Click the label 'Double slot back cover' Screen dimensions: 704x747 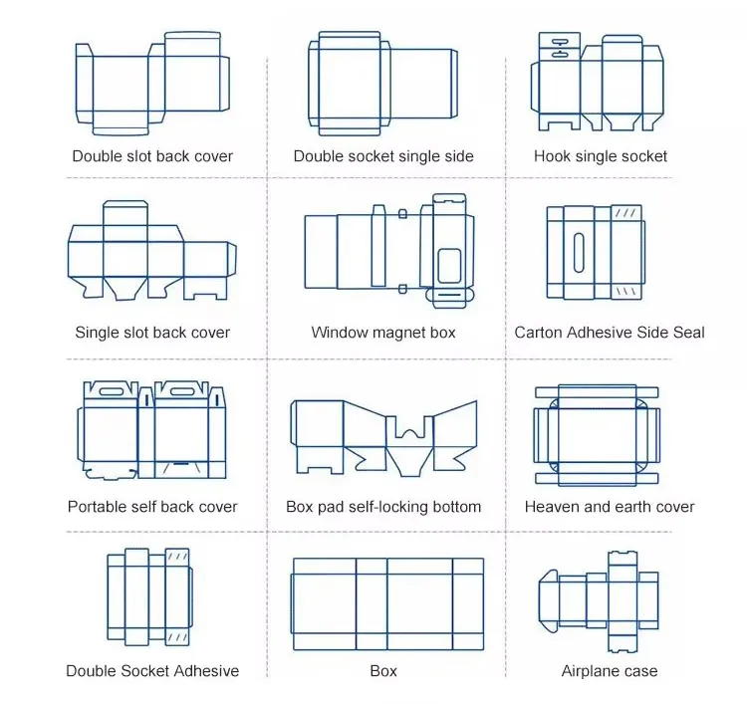tap(152, 156)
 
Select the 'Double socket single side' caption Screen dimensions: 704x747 tap(383, 156)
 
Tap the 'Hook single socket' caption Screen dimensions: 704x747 tap(601, 156)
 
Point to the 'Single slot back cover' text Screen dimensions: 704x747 tap(152, 333)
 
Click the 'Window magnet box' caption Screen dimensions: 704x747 tap(383, 333)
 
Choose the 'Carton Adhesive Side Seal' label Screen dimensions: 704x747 tap(609, 333)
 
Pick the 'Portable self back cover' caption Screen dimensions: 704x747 tap(152, 507)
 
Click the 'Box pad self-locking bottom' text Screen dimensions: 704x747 tap(383, 507)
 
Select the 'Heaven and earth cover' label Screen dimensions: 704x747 tap(610, 507)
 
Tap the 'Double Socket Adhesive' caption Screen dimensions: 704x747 tap(152, 671)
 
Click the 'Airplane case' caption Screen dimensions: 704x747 tap(610, 671)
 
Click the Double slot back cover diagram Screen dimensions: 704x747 tap(152, 85)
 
